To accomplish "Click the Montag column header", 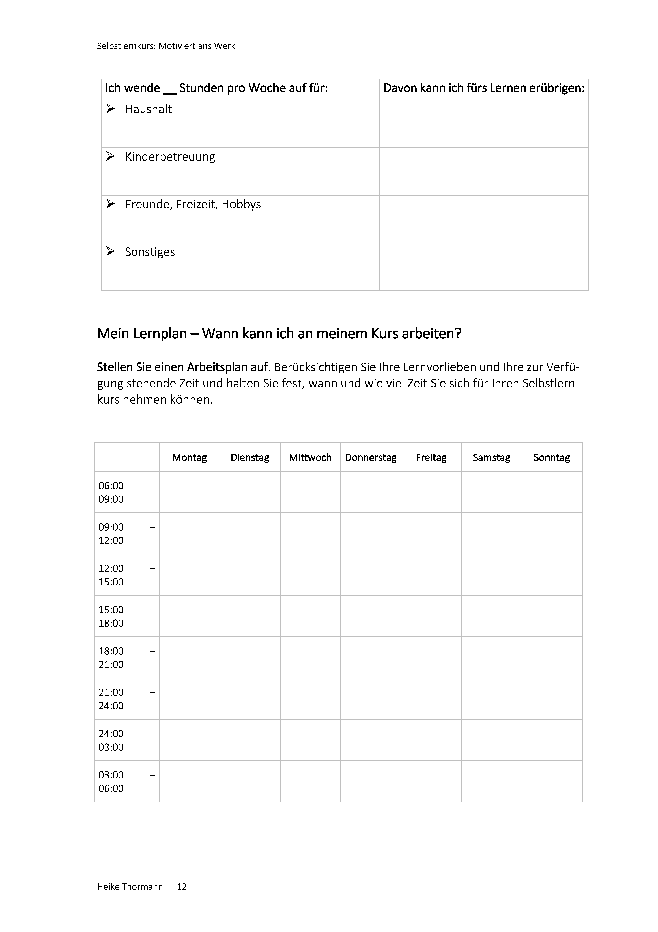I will (189, 457).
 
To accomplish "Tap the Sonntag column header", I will (552, 457).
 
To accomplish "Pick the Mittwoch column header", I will (310, 457).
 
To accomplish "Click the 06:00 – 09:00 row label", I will (127, 492).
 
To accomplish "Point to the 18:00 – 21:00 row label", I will (127, 658).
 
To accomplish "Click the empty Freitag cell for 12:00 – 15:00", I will (431, 575).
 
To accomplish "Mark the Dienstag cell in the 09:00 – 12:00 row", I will (250, 533).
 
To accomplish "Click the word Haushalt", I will (149, 109).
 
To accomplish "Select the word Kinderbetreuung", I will (170, 157).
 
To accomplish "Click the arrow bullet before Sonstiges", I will (110, 252).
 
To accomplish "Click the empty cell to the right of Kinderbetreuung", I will (484, 172).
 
